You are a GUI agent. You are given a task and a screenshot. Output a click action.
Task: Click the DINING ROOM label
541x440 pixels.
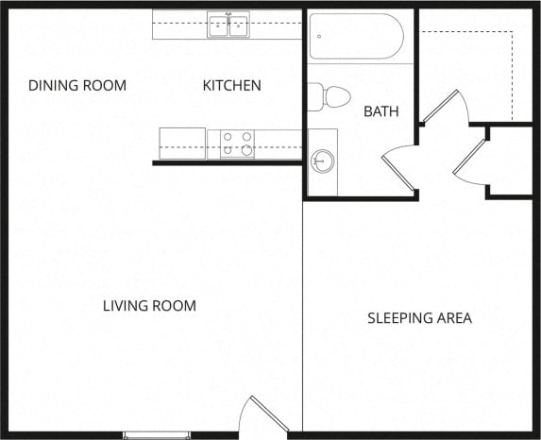[76, 86]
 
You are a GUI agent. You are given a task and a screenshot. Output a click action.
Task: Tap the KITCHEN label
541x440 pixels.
[231, 86]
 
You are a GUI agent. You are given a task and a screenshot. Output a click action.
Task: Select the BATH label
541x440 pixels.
[380, 111]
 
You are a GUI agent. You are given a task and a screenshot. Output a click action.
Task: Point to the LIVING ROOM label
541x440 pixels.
[149, 306]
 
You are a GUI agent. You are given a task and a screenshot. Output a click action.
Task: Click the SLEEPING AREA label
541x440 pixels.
[419, 318]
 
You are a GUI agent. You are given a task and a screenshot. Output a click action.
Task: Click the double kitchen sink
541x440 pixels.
[228, 25]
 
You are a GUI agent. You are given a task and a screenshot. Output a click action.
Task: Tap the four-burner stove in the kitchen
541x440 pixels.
[237, 144]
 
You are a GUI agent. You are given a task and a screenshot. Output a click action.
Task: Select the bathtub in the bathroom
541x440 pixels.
[356, 37]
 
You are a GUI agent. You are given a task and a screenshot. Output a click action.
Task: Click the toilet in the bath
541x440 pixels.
[332, 96]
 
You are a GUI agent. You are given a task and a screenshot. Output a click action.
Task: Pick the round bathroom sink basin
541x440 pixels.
[324, 161]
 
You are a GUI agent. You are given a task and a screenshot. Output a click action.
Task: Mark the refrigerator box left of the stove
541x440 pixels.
[182, 144]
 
